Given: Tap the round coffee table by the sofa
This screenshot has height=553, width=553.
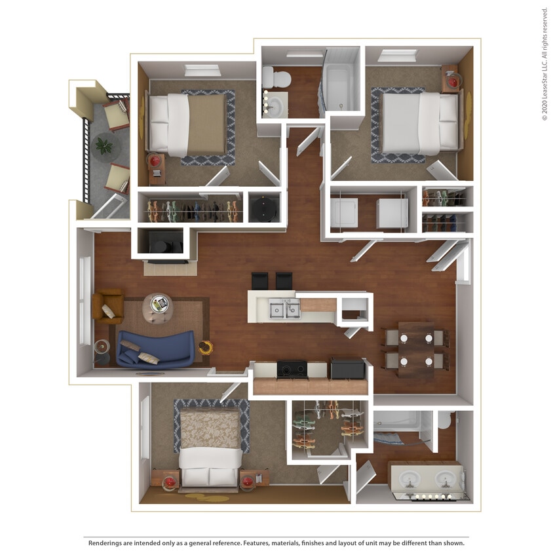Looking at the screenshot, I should [x=157, y=306].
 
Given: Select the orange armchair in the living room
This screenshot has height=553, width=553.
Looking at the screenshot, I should [x=107, y=306].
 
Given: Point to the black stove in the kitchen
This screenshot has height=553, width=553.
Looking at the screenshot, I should [x=292, y=369].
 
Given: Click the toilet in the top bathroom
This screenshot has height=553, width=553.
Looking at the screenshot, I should [x=278, y=79].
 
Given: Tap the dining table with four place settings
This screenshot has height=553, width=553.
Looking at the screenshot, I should [x=415, y=349].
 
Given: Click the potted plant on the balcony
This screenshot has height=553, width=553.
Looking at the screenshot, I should [x=104, y=145].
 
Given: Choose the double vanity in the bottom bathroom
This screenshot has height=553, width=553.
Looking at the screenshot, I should [x=427, y=476].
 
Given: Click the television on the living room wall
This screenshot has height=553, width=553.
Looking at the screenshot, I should [x=170, y=261].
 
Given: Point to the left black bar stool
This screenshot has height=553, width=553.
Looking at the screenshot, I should [x=260, y=280].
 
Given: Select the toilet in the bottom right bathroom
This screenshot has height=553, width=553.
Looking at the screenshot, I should [x=444, y=419].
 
